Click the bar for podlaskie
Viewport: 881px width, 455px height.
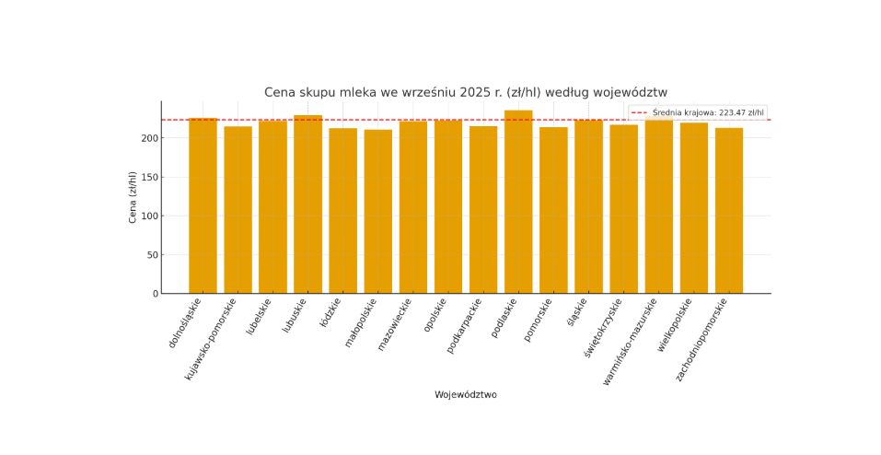(x=517, y=203)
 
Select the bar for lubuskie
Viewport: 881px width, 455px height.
(x=307, y=204)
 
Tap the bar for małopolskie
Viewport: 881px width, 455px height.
(x=377, y=212)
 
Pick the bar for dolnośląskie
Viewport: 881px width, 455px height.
(x=203, y=206)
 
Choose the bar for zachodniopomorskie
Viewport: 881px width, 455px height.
(x=728, y=211)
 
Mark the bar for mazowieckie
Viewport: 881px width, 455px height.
(x=412, y=207)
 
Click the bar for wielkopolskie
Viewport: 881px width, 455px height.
(x=693, y=208)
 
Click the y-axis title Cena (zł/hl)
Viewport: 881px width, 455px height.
(x=133, y=197)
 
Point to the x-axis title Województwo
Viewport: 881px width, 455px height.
(x=465, y=395)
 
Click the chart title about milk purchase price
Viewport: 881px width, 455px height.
(x=465, y=92)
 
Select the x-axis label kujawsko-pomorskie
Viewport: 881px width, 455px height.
(x=213, y=338)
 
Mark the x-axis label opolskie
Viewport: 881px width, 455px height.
(x=435, y=317)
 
